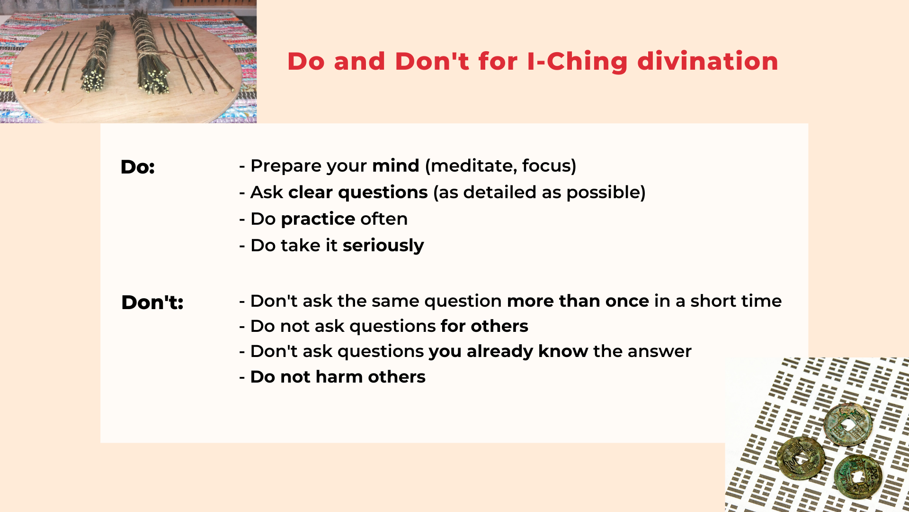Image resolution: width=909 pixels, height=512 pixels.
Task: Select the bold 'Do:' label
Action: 137,167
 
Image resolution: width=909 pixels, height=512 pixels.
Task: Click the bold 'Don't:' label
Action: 152,302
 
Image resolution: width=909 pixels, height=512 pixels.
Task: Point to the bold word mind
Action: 395,166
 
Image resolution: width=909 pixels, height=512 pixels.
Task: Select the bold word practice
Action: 318,219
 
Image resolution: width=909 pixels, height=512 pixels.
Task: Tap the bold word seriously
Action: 383,246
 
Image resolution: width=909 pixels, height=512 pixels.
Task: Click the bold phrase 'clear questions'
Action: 358,192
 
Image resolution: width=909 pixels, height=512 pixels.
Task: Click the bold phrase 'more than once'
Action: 578,301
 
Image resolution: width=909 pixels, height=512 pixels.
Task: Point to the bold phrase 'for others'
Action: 484,326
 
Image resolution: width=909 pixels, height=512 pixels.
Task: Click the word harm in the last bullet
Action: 339,377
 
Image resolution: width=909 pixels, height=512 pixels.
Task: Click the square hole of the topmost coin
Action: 847,425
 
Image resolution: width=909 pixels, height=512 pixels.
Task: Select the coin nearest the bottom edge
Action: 857,476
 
